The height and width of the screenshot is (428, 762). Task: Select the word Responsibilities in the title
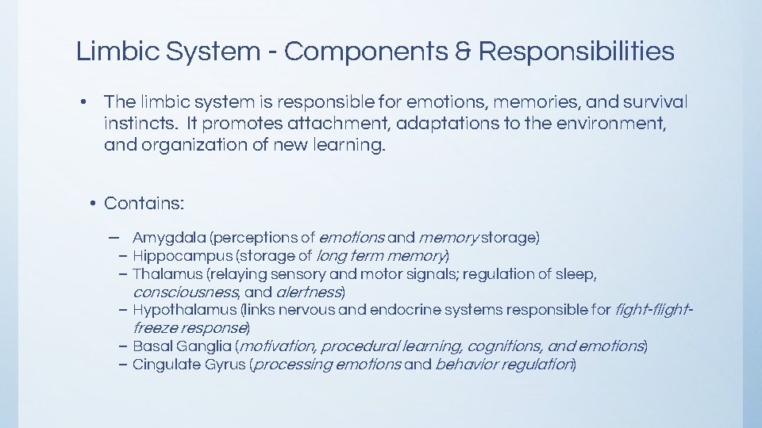576,52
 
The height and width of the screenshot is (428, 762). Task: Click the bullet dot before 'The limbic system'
83,102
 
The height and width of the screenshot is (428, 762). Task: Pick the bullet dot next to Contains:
93,204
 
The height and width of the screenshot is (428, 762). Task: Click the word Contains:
144,204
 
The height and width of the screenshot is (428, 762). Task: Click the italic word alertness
309,292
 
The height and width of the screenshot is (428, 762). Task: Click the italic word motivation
275,346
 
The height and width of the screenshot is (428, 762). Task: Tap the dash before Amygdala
116,237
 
